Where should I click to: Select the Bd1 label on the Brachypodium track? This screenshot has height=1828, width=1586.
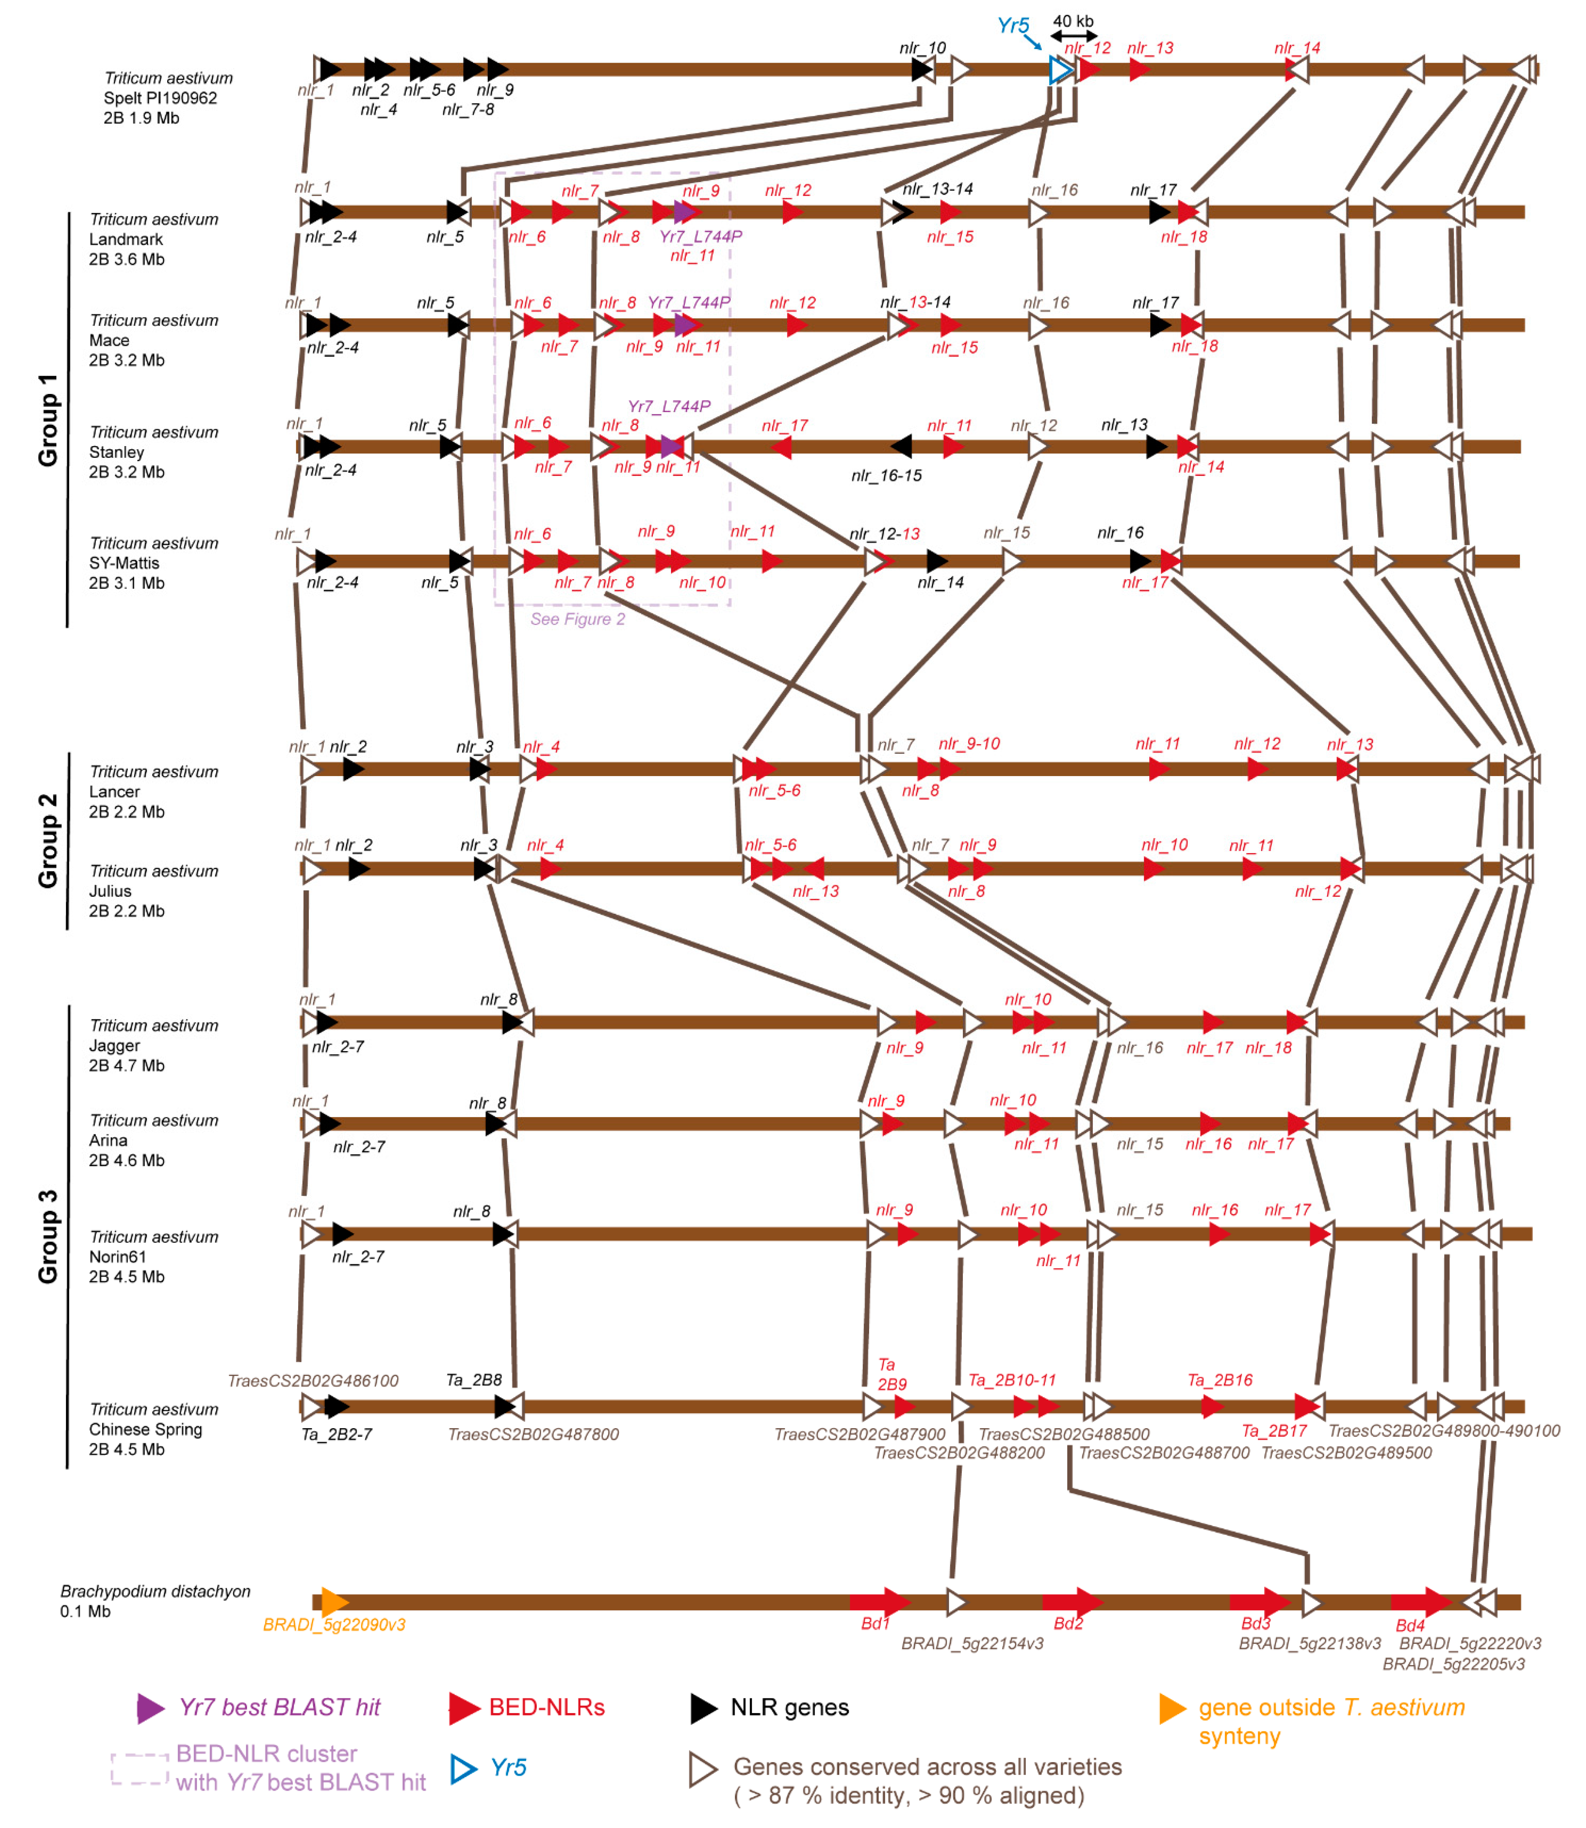875,1624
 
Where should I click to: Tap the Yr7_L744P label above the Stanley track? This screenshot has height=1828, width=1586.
669,406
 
